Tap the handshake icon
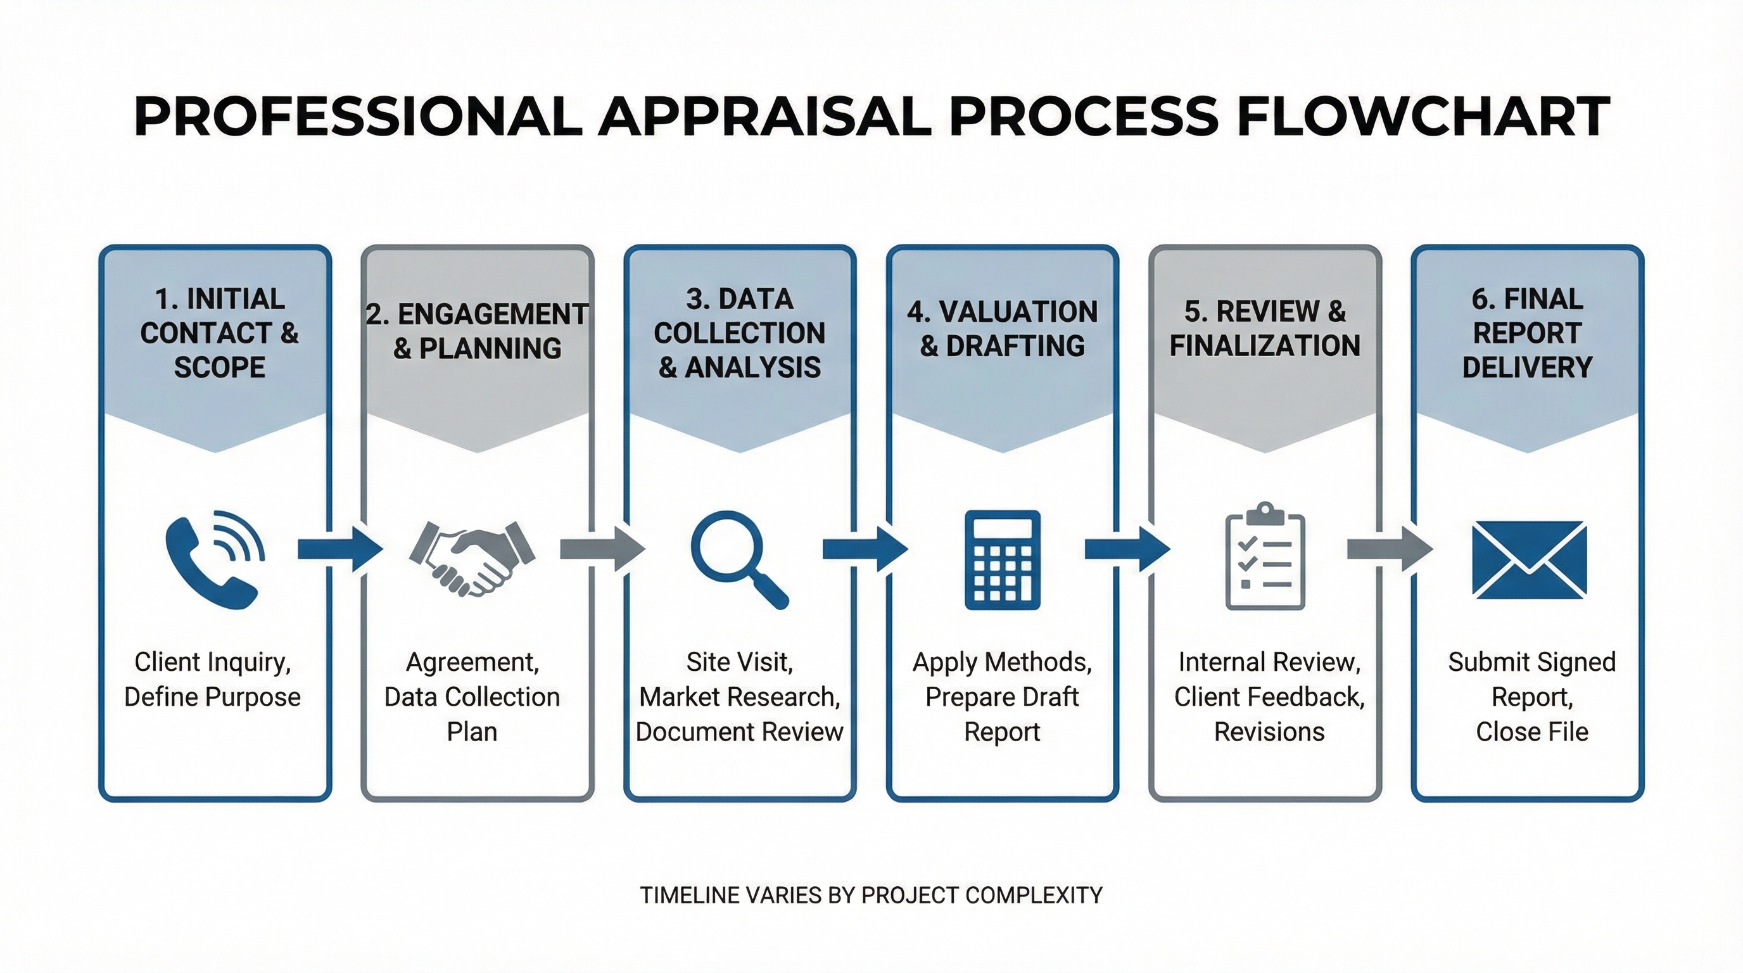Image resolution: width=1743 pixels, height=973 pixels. [472, 557]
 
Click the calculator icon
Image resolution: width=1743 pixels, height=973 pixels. [1002, 559]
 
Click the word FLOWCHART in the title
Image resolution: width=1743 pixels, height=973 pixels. [1424, 117]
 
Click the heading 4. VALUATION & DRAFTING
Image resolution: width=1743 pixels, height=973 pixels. [1002, 328]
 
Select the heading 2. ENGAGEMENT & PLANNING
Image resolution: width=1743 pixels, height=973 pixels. [477, 331]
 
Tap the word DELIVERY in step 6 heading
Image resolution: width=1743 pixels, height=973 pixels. [1527, 367]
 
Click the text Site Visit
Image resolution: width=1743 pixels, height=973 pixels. [739, 662]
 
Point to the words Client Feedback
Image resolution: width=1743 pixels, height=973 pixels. [1269, 696]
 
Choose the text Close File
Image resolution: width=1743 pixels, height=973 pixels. [1532, 732]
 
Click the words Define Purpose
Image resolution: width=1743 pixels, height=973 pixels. [212, 696]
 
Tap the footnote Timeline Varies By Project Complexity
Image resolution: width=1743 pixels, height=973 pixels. [871, 895]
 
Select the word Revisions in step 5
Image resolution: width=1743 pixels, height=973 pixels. [1269, 732]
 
